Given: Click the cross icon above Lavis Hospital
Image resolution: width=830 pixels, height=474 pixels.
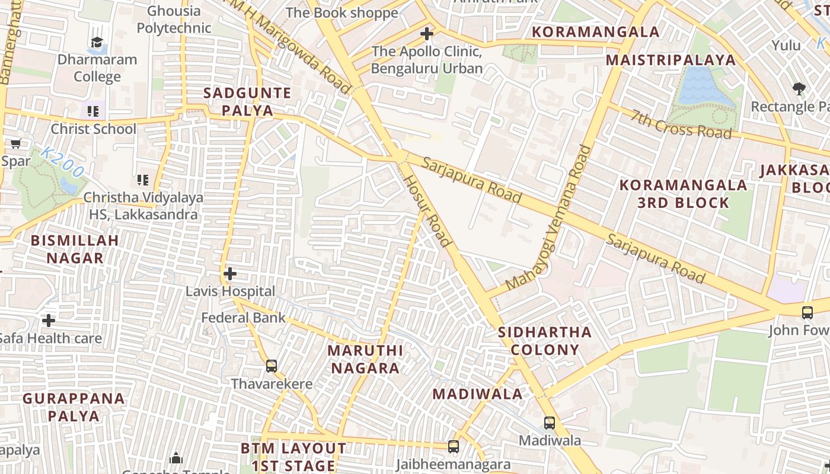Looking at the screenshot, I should click(x=230, y=274).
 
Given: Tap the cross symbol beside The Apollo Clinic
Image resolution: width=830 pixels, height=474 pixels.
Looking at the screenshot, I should click(x=426, y=34).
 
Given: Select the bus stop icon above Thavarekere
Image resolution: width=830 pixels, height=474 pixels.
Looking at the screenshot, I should click(x=272, y=366).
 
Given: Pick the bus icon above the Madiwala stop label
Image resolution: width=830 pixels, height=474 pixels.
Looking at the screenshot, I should click(x=550, y=423).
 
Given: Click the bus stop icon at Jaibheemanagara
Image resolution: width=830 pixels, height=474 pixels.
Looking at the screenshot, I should click(x=454, y=447).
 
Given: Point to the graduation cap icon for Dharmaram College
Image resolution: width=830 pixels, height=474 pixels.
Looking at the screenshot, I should click(x=97, y=42).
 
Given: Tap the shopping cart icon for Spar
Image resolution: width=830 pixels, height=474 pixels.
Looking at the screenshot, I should click(x=15, y=143).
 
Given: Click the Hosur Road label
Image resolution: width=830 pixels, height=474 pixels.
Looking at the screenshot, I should click(x=428, y=211).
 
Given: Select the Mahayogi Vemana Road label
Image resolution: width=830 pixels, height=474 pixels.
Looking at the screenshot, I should click(x=549, y=217).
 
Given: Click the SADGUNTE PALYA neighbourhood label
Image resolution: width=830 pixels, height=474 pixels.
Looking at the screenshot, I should click(x=247, y=102).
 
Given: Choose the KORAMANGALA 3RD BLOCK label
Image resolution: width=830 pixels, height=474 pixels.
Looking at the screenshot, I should click(x=683, y=194).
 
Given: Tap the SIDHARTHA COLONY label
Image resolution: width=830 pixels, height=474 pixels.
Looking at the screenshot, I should click(x=545, y=341).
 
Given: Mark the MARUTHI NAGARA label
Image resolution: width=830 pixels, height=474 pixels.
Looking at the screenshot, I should click(x=365, y=359).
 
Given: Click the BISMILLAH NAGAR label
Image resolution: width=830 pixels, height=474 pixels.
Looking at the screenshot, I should click(x=75, y=249).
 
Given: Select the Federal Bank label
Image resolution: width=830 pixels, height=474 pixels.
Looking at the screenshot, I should click(x=243, y=318).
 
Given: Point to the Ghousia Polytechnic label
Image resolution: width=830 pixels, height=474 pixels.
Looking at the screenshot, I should click(x=174, y=20).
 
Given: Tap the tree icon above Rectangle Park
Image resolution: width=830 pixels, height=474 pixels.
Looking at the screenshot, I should click(x=799, y=89).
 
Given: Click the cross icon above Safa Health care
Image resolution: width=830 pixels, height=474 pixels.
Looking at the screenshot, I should click(x=49, y=321).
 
